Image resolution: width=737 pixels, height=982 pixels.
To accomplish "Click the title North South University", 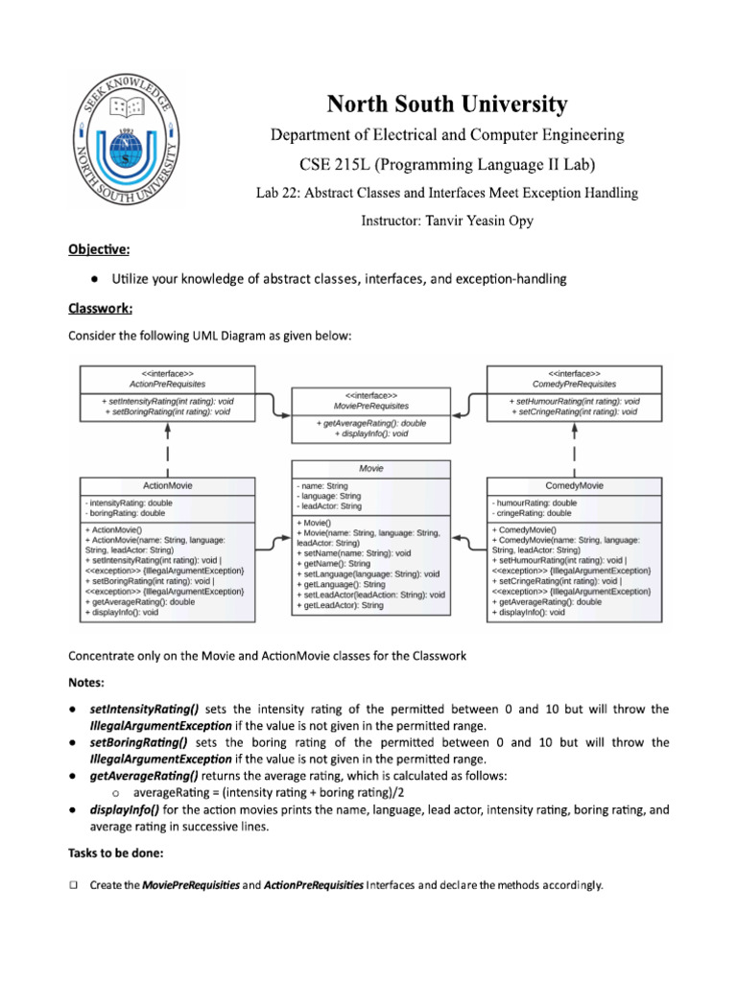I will pyautogui.click(x=447, y=104).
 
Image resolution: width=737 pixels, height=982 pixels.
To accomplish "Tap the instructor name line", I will pyautogui.click(x=447, y=220).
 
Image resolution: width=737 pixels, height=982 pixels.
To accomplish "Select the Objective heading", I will pyautogui.click(x=98, y=249).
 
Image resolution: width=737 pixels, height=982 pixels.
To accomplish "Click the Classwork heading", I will pyautogui.click(x=100, y=309).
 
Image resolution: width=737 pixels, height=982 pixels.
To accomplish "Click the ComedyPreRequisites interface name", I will pyautogui.click(x=574, y=382).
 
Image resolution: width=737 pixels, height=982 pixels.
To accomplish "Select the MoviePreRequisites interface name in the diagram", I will pyautogui.click(x=371, y=404).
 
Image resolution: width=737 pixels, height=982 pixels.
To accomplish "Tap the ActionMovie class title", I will pyautogui.click(x=167, y=485).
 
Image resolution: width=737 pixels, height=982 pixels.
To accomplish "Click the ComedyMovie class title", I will pyautogui.click(x=574, y=485).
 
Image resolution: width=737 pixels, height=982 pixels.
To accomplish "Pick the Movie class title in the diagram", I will pyautogui.click(x=370, y=469).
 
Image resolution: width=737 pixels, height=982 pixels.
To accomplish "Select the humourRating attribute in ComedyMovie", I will pyautogui.click(x=535, y=503).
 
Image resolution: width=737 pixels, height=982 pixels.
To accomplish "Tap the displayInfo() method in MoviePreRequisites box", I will pyautogui.click(x=371, y=433).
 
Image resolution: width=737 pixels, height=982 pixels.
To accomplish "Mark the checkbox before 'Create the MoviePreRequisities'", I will pyautogui.click(x=73, y=885).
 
